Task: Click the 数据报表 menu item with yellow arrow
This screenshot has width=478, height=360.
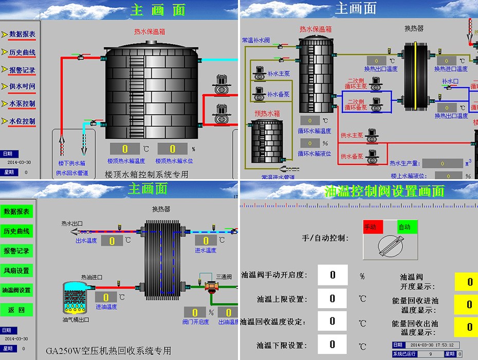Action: pos(22,34)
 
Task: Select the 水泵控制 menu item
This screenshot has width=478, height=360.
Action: pos(22,104)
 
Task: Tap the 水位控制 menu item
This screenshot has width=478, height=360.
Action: pos(22,121)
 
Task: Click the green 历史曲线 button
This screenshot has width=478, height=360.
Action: pos(17,231)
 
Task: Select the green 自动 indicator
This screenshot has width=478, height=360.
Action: pos(407,227)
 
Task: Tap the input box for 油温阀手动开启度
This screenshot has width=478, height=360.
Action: pos(333,275)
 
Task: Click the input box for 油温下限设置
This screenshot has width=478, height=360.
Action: pos(333,345)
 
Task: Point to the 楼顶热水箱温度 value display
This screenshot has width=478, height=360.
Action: pos(125,149)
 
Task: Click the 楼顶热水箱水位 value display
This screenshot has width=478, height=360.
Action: pos(173,149)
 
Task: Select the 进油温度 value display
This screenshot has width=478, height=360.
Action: pos(106,297)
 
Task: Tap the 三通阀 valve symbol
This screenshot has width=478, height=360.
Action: pos(211,287)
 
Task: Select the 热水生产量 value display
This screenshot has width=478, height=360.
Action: pos(443,164)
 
